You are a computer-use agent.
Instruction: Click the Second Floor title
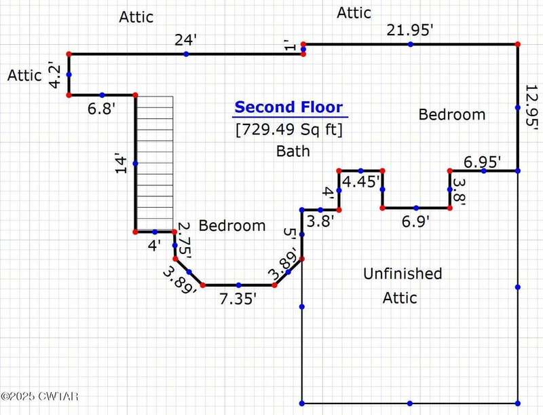(x=289, y=107)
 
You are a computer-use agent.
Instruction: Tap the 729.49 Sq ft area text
(x=289, y=130)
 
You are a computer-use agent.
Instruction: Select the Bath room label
(x=293, y=151)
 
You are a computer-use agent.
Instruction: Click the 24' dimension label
(x=185, y=40)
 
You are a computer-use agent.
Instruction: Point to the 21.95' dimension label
(x=410, y=31)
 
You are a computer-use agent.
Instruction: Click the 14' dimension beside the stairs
(x=121, y=163)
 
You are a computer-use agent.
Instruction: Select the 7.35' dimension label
(x=238, y=299)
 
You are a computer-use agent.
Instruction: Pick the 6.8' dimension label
(x=101, y=109)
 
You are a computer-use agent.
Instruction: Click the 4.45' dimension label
(x=361, y=181)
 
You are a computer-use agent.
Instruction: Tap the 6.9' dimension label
(x=415, y=221)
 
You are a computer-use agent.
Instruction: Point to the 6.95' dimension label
(x=482, y=162)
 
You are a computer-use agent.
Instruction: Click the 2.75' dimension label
(x=183, y=240)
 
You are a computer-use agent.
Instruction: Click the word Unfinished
(x=402, y=274)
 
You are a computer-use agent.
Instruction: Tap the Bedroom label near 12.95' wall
(x=452, y=115)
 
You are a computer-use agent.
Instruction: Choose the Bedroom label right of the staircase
(x=232, y=226)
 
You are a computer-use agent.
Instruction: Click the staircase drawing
(x=155, y=163)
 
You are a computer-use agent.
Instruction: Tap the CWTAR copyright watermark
(x=39, y=396)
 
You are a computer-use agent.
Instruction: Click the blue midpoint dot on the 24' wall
(x=186, y=54)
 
